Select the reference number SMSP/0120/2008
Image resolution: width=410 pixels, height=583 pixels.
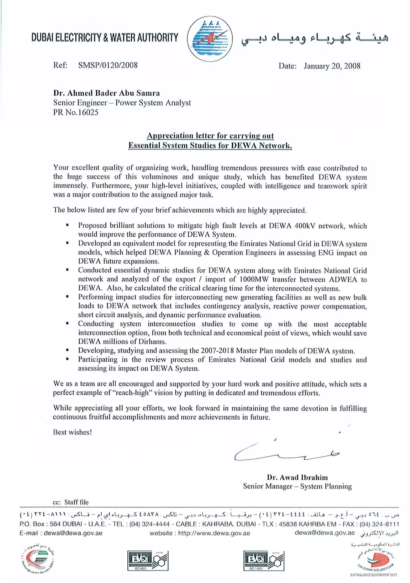point(108,65)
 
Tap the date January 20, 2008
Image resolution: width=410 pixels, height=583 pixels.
point(332,66)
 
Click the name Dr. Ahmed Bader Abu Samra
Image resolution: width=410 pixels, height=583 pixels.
point(106,93)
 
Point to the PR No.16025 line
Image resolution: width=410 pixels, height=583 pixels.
point(76,112)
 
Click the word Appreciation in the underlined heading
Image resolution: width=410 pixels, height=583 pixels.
point(169,136)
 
